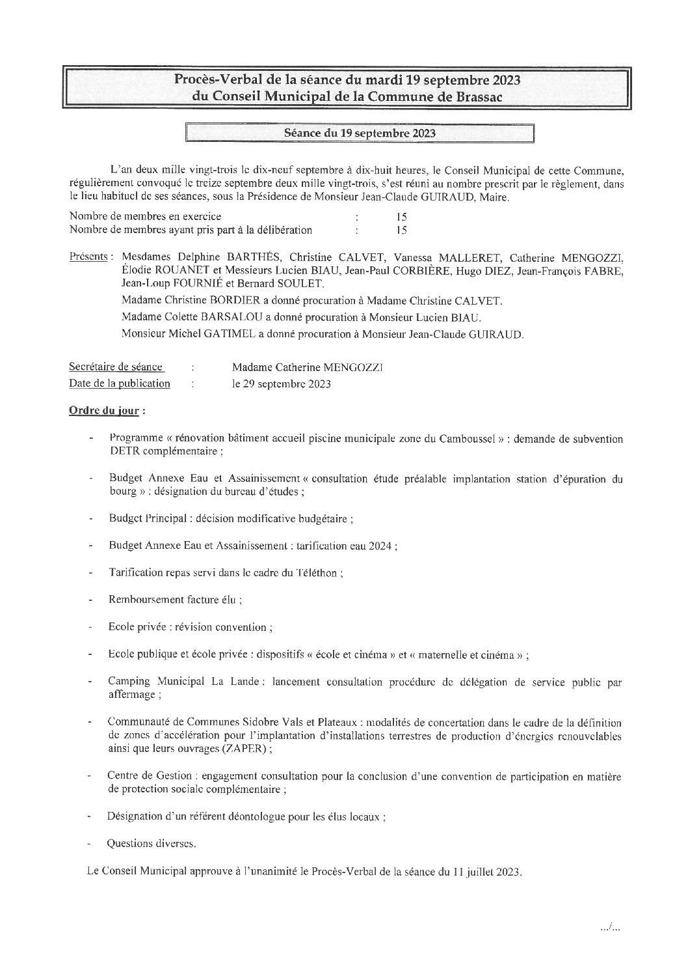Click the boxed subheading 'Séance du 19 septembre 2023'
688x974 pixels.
[x=360, y=133]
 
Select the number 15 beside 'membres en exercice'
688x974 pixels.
[x=401, y=217]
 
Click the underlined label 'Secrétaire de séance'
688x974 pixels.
[x=116, y=367]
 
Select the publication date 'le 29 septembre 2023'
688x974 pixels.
[x=282, y=384]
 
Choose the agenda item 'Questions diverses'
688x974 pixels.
[x=152, y=844]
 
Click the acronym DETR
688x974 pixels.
[x=122, y=451]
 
